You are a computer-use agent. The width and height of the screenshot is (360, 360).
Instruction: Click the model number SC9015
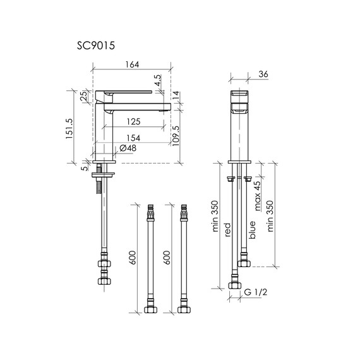pos(96,45)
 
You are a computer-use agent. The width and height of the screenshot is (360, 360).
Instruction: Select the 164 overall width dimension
pos(132,64)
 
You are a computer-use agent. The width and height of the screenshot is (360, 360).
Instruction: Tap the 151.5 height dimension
pos(69,129)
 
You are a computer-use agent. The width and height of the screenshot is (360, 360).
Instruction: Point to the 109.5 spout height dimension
pos(176,136)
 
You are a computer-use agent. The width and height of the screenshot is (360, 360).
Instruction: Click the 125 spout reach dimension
pos(133,121)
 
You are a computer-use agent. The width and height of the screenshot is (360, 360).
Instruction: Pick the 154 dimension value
pos(133,138)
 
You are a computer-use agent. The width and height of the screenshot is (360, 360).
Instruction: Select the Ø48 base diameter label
pos(128,148)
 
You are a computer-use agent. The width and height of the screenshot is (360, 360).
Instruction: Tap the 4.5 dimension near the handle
pos(158,80)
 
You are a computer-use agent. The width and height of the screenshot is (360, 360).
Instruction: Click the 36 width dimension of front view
pos(263,74)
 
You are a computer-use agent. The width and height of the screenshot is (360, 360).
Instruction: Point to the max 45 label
pos(258,196)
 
